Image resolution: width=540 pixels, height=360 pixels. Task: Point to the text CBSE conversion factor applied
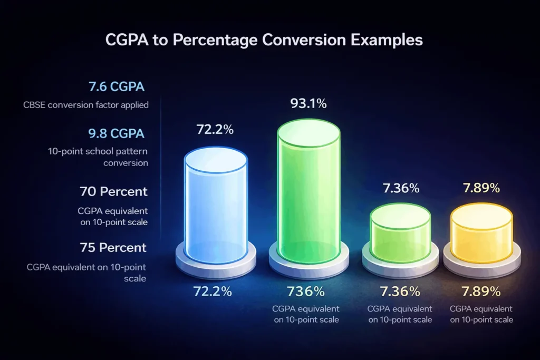86,105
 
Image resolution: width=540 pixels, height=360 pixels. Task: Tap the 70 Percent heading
114,191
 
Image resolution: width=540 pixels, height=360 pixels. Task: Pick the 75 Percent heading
114,247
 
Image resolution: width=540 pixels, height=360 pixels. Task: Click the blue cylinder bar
215,206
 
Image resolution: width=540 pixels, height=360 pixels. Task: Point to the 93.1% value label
308,104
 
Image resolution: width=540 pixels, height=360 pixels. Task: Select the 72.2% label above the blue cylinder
215,130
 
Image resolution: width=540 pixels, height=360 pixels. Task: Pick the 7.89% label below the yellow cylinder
481,291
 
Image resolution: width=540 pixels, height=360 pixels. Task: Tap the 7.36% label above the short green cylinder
400,188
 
